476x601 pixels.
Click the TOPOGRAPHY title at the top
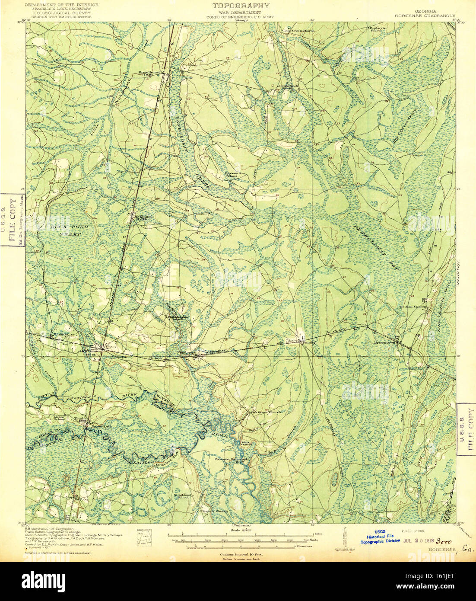point(241,6)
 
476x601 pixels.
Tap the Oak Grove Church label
point(266,412)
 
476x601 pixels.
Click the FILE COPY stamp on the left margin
point(13,220)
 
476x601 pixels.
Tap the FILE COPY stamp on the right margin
point(466,429)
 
